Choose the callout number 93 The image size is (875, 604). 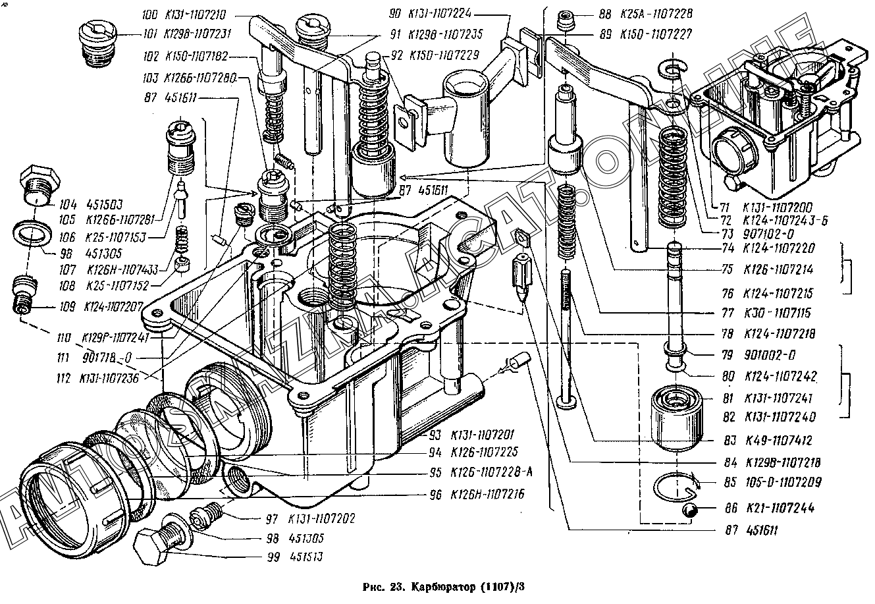[435, 435]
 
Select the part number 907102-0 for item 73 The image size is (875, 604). [766, 234]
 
